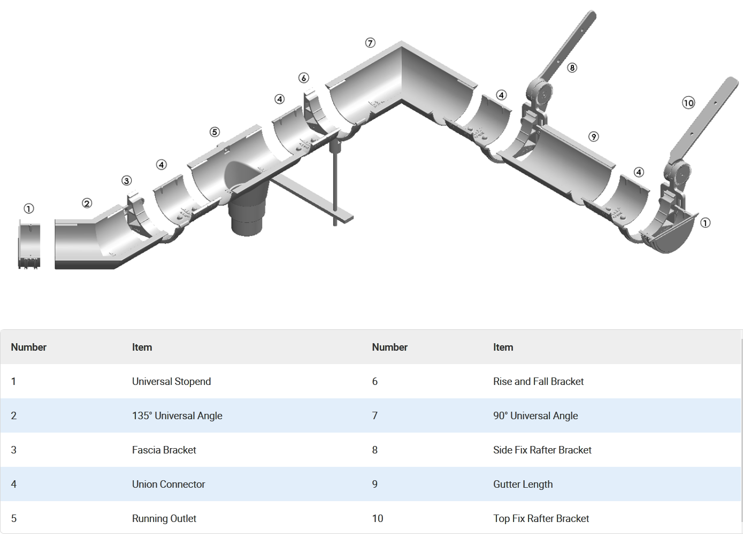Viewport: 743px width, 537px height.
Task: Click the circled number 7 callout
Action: point(370,43)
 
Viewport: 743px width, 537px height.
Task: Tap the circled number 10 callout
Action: point(688,103)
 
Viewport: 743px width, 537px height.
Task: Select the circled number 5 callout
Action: point(215,132)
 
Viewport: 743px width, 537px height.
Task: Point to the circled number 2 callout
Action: point(87,203)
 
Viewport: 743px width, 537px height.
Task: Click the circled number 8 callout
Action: point(572,68)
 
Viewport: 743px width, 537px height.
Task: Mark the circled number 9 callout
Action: point(593,137)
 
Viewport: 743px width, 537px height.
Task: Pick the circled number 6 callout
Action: point(304,78)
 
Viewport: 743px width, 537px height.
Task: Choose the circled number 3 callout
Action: point(126,181)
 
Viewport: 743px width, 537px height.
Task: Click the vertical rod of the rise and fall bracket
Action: point(335,182)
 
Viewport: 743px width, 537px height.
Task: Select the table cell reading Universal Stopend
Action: point(171,382)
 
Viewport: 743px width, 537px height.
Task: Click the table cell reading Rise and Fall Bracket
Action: point(538,382)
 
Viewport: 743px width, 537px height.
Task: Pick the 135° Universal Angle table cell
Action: point(177,416)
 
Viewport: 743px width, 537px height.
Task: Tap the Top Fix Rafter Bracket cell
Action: point(541,519)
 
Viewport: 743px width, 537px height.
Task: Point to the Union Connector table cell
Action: point(168,485)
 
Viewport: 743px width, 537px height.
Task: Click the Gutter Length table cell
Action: point(523,485)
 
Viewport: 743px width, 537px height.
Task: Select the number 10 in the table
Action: point(378,519)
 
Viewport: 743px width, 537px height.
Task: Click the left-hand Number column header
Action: point(29,347)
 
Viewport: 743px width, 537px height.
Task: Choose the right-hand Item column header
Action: point(503,347)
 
